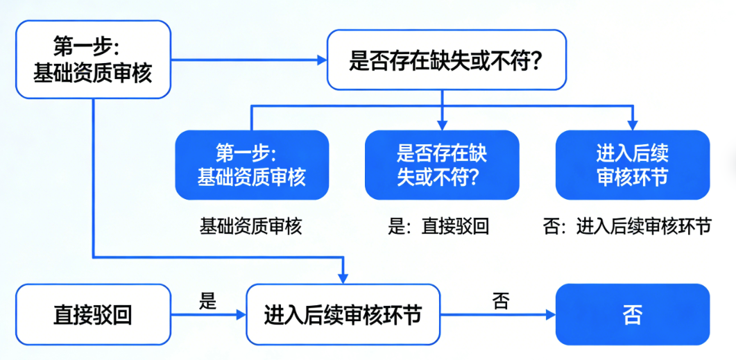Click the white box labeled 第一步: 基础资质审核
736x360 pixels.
point(92,60)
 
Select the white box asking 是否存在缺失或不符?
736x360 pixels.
point(446,60)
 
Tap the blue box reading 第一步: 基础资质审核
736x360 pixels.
point(251,165)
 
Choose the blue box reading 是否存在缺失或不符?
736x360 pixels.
point(442,165)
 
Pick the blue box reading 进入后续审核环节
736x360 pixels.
point(632,165)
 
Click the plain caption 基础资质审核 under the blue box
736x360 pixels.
point(251,226)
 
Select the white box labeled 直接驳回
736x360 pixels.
point(92,315)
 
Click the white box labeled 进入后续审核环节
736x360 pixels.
point(343,315)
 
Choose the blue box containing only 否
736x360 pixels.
point(632,315)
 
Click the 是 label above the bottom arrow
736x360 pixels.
point(208,300)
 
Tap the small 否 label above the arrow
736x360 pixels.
point(501,300)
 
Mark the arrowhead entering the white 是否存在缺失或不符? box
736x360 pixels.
point(321,60)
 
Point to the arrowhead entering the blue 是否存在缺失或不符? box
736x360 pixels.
point(442,125)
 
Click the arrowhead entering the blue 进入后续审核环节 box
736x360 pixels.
point(632,125)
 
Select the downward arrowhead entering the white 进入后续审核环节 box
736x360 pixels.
point(343,279)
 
